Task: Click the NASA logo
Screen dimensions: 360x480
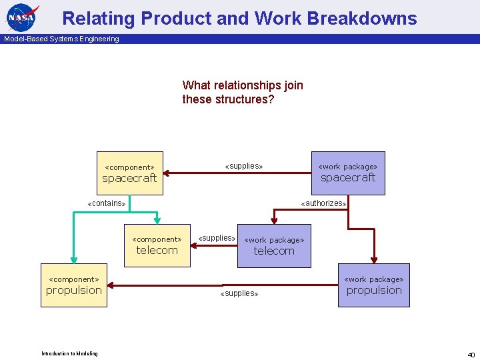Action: point(23,17)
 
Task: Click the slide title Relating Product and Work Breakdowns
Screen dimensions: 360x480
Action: point(239,18)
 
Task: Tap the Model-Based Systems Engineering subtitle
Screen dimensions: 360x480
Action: point(61,39)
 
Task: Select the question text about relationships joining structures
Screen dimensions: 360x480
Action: point(243,92)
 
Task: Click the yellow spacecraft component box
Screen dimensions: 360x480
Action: point(129,173)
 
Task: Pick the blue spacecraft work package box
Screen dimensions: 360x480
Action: point(348,173)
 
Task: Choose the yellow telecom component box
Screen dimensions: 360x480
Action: point(157,245)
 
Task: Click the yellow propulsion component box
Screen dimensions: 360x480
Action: point(73,285)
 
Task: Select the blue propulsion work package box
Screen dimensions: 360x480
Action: point(374,285)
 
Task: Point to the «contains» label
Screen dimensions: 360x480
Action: point(107,203)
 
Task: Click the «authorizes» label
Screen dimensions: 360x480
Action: point(323,203)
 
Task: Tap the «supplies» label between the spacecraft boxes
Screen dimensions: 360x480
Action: point(244,166)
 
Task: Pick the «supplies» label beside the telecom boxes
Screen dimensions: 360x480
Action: point(217,238)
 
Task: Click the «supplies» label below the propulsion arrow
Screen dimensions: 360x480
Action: point(239,293)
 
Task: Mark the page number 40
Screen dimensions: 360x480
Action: point(471,354)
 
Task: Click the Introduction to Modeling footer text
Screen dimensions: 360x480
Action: point(69,353)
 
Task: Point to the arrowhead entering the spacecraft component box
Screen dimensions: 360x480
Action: point(167,173)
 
